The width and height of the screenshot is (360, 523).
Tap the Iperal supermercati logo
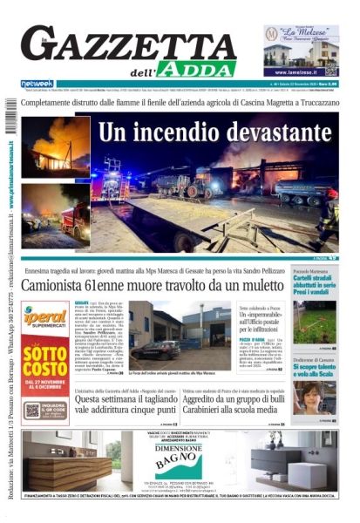45,319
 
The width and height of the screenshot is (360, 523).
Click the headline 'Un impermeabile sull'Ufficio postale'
262,323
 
